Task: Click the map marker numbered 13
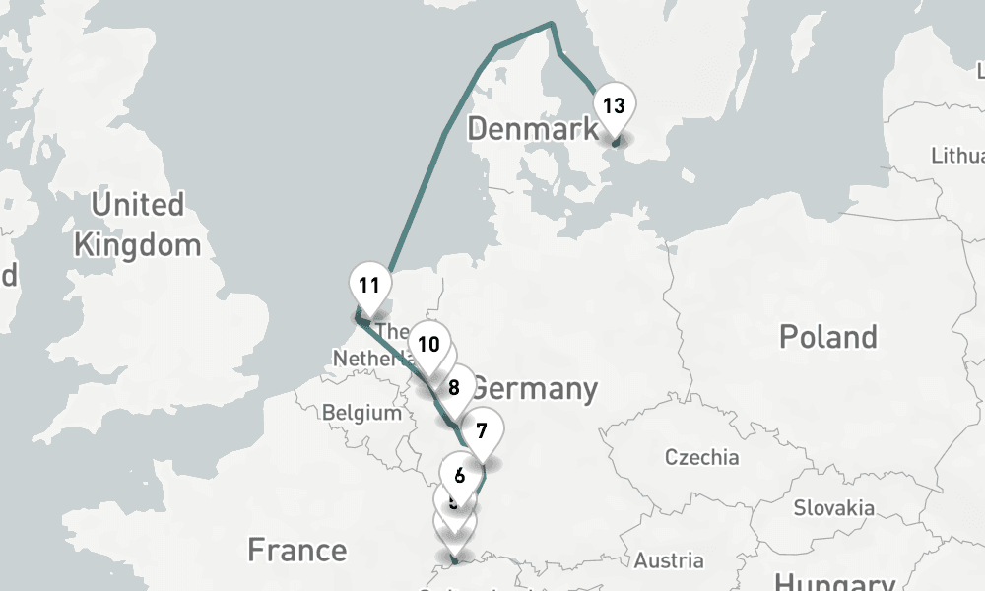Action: pyautogui.click(x=613, y=106)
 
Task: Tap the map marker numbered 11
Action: pyautogui.click(x=369, y=287)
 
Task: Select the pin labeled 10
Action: pyautogui.click(x=427, y=344)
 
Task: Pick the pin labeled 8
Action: pyautogui.click(x=454, y=387)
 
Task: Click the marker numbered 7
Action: pyautogui.click(x=482, y=430)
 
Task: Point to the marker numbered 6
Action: pyautogui.click(x=459, y=474)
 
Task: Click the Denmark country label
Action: pyautogui.click(x=532, y=128)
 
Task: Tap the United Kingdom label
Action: pyautogui.click(x=137, y=225)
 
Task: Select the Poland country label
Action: pyautogui.click(x=827, y=337)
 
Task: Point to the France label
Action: pyautogui.click(x=296, y=550)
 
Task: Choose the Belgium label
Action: pyautogui.click(x=361, y=413)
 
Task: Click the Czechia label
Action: pyautogui.click(x=701, y=457)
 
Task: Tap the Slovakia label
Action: pyautogui.click(x=834, y=508)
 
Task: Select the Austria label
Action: pyautogui.click(x=670, y=560)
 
